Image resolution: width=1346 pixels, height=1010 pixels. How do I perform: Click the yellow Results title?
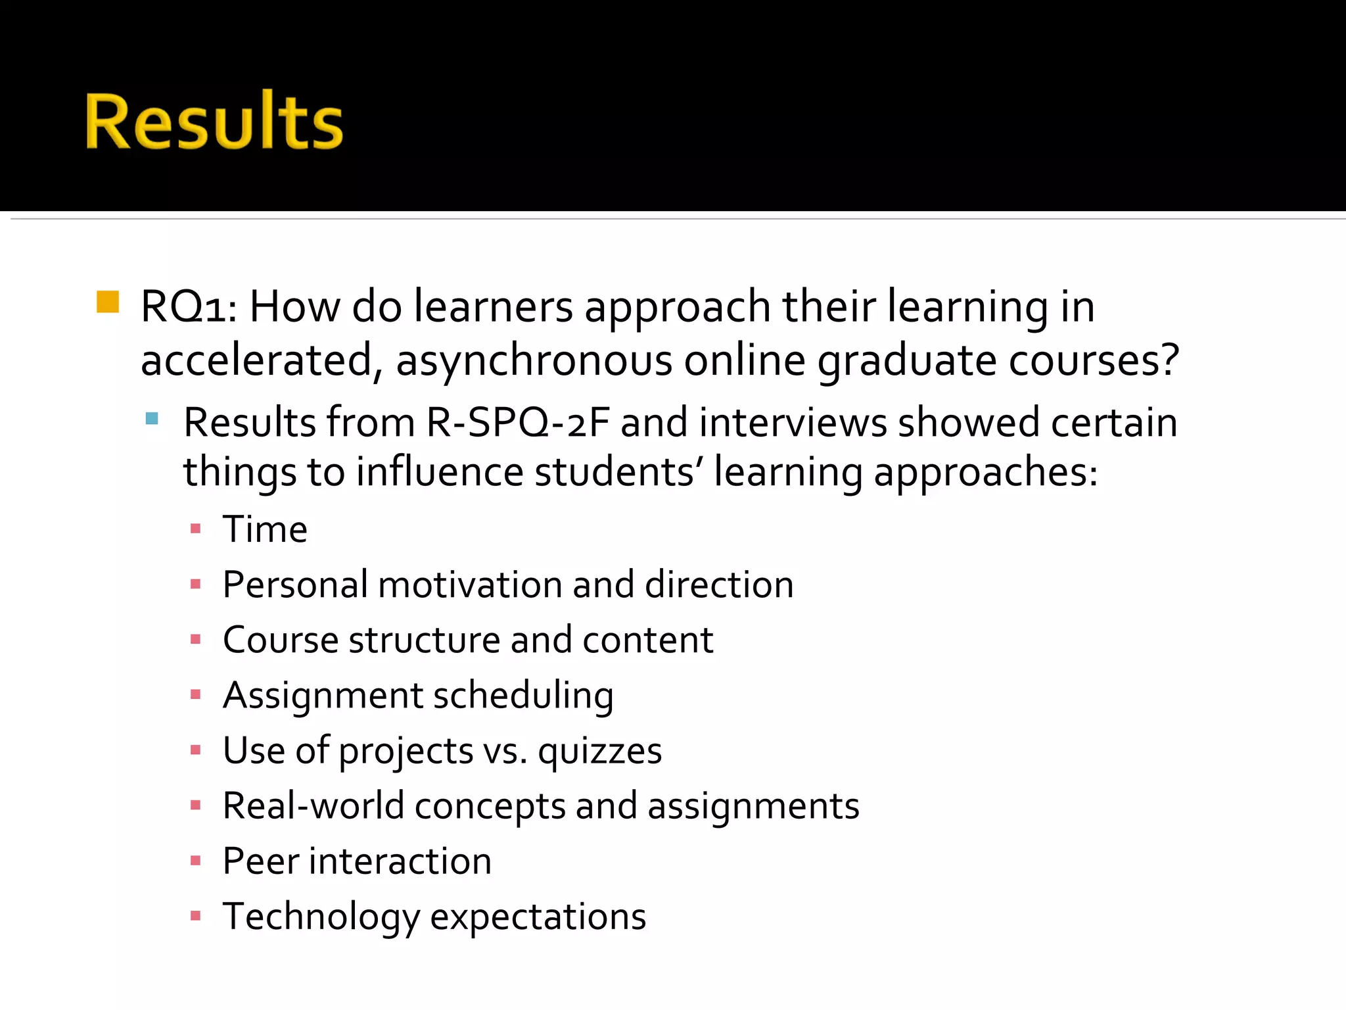pyautogui.click(x=214, y=121)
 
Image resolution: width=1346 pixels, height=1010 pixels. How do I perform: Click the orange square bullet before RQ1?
pyautogui.click(x=108, y=302)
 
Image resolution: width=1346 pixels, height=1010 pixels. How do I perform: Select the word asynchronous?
pyautogui.click(x=534, y=361)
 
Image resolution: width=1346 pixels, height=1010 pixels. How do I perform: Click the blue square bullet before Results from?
pyautogui.click(x=152, y=418)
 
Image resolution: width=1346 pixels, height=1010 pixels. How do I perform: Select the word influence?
pyautogui.click(x=439, y=472)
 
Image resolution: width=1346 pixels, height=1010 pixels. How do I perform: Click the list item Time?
pyautogui.click(x=265, y=529)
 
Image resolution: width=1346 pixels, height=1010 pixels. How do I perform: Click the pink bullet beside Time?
pyautogui.click(x=195, y=528)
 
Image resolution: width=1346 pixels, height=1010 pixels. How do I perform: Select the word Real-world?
pyautogui.click(x=313, y=806)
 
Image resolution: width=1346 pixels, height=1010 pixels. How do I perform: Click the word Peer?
pyautogui.click(x=260, y=861)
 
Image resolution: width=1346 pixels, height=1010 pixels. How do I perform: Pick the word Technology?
pyautogui.click(x=321, y=917)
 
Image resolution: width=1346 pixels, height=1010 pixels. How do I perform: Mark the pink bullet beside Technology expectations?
pyautogui.click(x=195, y=915)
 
